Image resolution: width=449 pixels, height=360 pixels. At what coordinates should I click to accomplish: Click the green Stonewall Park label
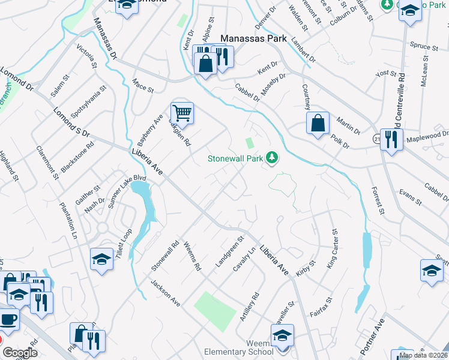pos(235,159)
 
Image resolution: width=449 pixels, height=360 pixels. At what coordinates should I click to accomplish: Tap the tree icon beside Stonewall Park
pos(273,158)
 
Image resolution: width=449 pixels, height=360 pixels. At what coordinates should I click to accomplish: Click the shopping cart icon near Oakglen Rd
pos(182,112)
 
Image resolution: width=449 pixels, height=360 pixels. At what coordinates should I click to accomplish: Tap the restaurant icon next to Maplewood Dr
pos(391,140)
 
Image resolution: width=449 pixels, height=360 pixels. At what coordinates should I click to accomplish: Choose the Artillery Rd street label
pos(250,306)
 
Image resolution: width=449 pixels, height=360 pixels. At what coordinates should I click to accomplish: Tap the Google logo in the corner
pos(20,353)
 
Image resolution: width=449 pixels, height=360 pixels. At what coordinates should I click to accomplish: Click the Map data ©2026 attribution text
pos(423,355)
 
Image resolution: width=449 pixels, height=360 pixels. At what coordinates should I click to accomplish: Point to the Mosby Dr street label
pos(273,85)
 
